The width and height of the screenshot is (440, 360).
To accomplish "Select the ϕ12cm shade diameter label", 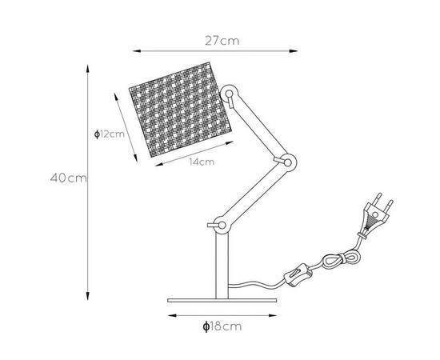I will pos(109,134).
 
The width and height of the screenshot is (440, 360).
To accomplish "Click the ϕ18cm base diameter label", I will pos(222,326).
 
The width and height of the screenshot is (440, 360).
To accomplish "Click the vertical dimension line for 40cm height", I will pos(86,178).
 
